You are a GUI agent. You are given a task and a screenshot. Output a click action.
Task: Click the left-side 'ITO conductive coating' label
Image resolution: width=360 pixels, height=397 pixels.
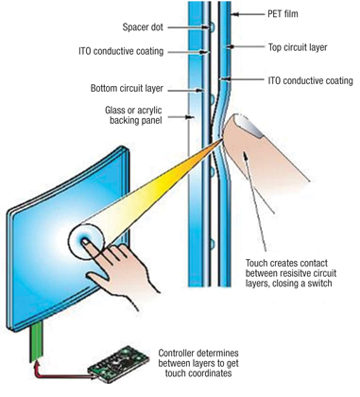pyautogui.click(x=132, y=51)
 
